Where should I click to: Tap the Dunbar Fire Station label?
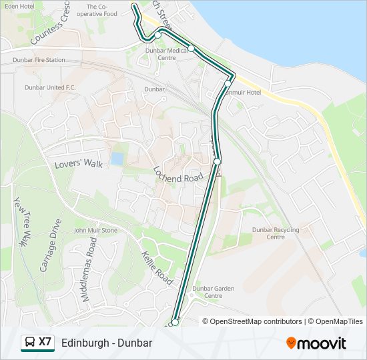(x=39, y=60)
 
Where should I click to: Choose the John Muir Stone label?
(x=95, y=231)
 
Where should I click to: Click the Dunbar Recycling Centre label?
(x=276, y=233)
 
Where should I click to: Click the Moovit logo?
(x=316, y=343)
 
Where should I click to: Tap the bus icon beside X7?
(x=30, y=343)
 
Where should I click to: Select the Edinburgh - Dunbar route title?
(x=107, y=343)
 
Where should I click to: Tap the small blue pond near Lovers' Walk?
(x=117, y=159)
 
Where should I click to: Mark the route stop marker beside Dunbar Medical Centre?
(x=192, y=48)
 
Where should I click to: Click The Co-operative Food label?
(x=102, y=10)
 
